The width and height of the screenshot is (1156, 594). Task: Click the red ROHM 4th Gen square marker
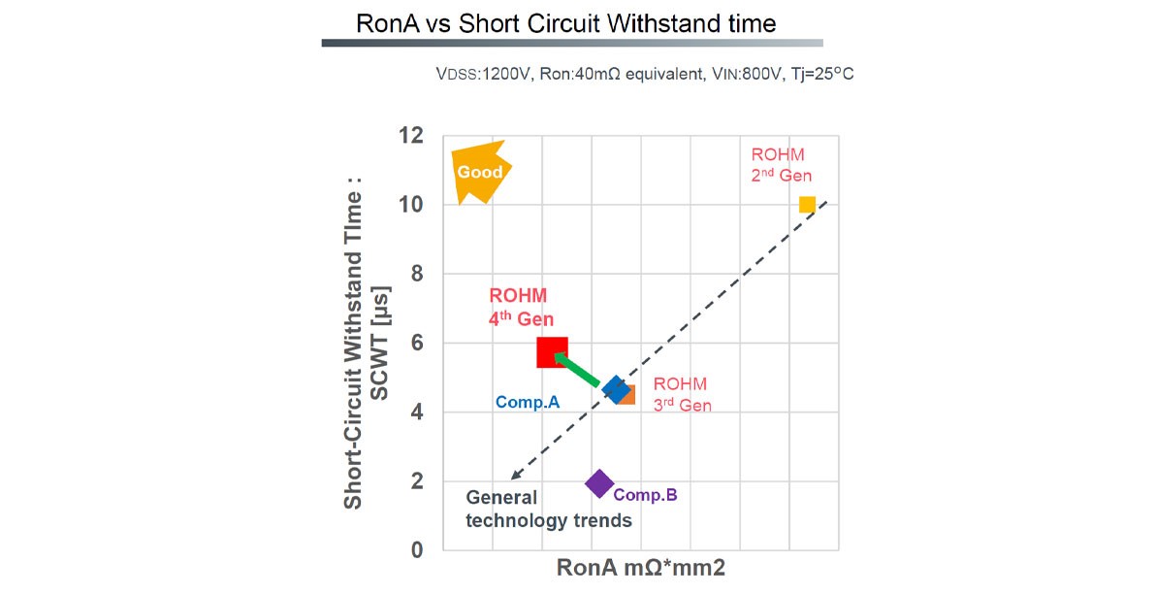(x=552, y=352)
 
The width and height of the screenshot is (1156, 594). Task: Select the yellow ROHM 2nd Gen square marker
(x=807, y=204)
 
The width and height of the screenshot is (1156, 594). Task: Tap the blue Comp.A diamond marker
(x=616, y=389)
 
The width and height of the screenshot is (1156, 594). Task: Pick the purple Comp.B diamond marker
(x=599, y=482)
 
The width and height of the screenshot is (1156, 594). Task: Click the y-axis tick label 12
(x=411, y=135)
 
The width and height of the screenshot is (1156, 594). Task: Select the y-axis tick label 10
(x=411, y=205)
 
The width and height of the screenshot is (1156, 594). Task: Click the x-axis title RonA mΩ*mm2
(x=641, y=568)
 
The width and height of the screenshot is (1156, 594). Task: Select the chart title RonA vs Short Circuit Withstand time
(x=566, y=22)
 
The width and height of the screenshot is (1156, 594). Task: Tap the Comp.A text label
(x=528, y=401)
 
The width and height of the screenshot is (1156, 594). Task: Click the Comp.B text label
(x=645, y=495)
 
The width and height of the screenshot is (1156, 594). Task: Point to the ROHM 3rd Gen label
(x=682, y=394)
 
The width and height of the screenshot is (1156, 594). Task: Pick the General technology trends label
(x=549, y=510)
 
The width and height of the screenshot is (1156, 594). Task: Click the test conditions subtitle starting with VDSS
(x=646, y=74)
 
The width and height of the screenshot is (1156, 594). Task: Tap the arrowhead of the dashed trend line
(x=515, y=476)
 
